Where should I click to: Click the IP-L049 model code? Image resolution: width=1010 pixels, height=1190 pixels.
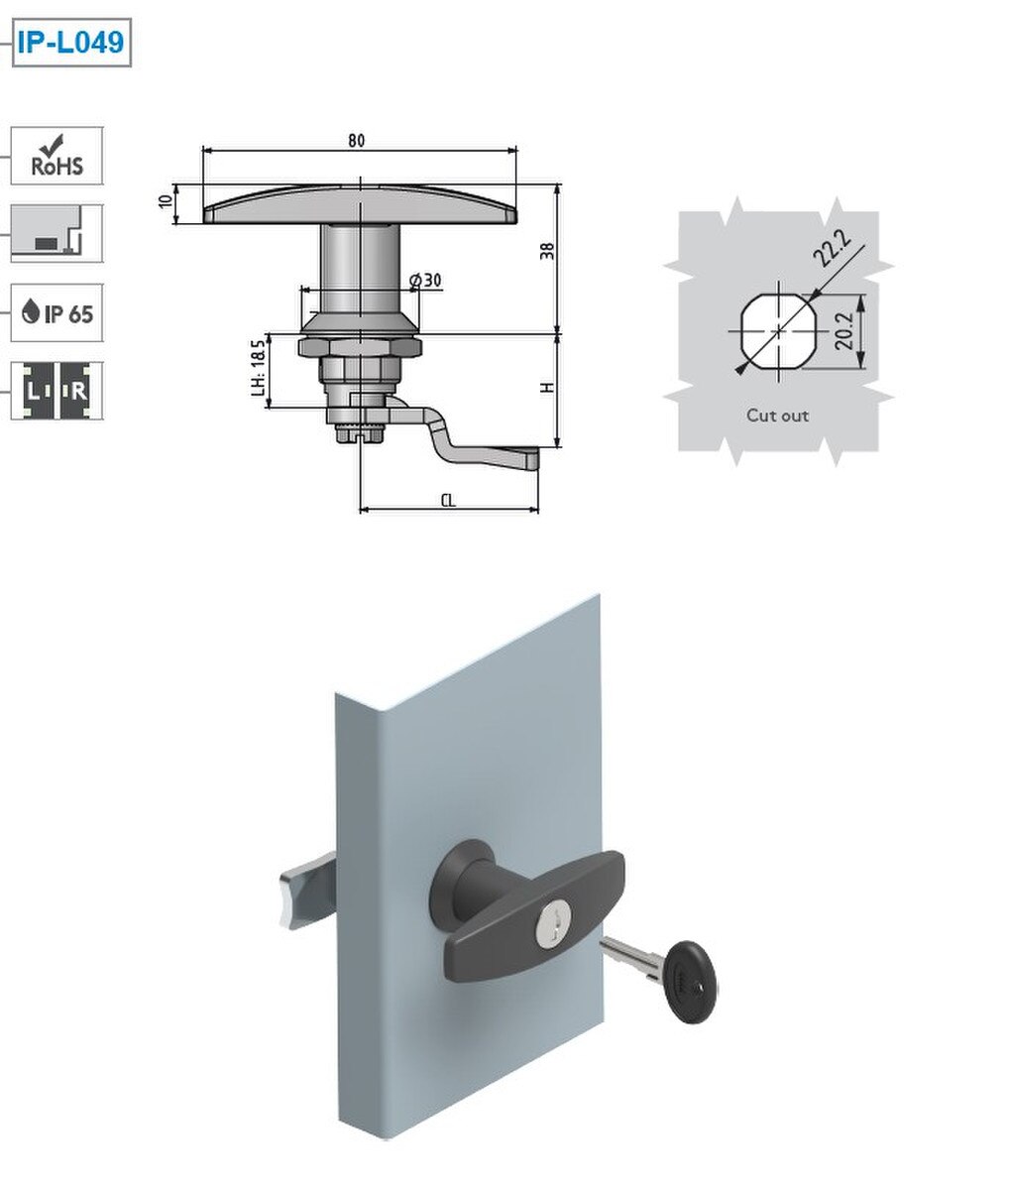[70, 44]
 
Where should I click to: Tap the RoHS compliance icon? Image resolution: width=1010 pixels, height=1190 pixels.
[56, 156]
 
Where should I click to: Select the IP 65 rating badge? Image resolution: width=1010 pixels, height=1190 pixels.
[56, 313]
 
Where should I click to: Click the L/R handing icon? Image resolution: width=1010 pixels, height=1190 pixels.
[56, 391]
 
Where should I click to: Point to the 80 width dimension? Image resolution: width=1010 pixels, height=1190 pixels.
[356, 141]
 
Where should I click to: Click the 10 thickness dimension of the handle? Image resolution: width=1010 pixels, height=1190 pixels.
[166, 201]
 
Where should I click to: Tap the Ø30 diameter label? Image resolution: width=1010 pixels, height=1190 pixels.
[425, 281]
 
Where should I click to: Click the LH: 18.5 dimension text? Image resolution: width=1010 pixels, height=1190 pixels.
[258, 368]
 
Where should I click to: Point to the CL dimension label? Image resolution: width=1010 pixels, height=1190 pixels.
[448, 501]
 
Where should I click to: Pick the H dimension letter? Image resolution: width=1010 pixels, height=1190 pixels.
[546, 388]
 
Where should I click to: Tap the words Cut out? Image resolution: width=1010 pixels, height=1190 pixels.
[777, 416]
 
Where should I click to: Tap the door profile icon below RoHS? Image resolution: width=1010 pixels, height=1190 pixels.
[56, 234]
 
